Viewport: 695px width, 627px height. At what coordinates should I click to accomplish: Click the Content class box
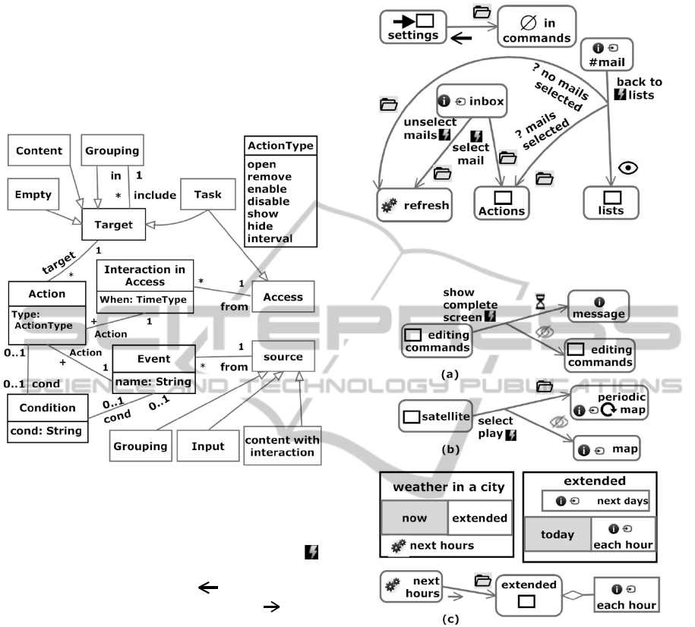click(39, 150)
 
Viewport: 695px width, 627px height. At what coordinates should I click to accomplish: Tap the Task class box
click(207, 194)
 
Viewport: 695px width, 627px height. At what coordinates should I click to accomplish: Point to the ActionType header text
click(280, 145)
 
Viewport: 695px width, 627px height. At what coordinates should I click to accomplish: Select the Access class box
click(282, 297)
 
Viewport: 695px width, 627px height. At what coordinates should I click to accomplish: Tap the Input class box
click(207, 446)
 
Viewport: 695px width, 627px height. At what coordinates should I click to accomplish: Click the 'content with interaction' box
click(282, 446)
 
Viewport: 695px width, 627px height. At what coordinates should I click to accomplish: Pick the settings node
click(412, 27)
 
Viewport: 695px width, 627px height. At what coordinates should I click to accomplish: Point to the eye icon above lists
click(626, 168)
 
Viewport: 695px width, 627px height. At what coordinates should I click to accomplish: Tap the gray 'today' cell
click(558, 534)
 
